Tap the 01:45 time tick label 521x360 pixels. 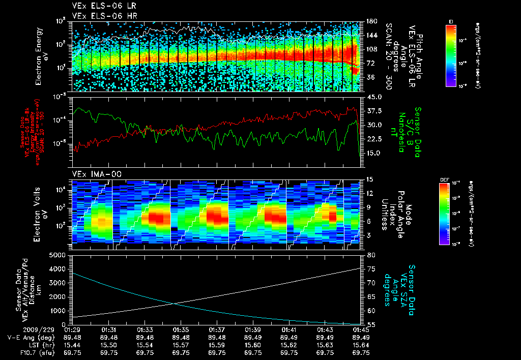click(x=360, y=329)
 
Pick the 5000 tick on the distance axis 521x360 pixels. click(x=60, y=254)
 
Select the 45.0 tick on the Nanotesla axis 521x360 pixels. click(x=374, y=97)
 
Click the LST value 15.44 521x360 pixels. click(x=73, y=345)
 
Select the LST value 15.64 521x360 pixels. click(x=360, y=345)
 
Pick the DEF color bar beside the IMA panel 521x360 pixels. click(x=444, y=213)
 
